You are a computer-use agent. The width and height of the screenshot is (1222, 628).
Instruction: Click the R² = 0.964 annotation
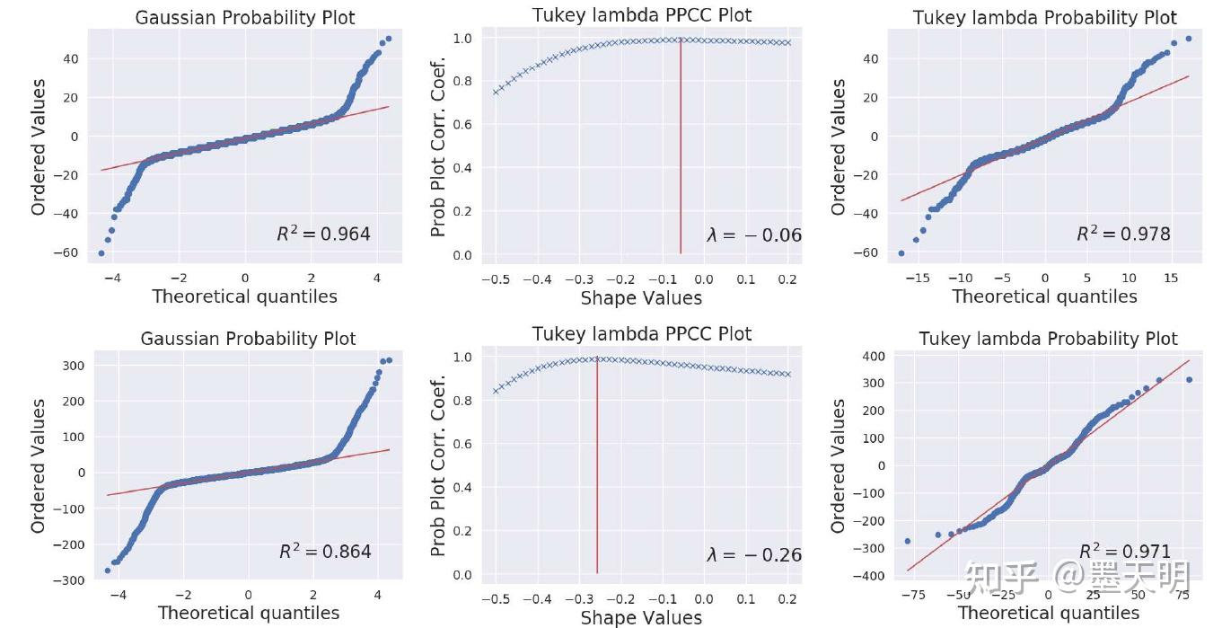coord(323,234)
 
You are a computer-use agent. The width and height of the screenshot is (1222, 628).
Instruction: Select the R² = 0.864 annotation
coord(325,552)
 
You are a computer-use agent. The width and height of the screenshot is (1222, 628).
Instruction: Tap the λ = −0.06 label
coord(754,235)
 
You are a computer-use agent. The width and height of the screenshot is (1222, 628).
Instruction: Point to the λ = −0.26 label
coord(754,555)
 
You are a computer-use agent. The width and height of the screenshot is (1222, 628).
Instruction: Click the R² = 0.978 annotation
coord(1123,234)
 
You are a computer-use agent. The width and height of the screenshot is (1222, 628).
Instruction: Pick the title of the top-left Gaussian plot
coord(244,18)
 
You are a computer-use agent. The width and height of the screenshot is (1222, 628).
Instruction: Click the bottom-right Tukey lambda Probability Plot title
coord(1048,339)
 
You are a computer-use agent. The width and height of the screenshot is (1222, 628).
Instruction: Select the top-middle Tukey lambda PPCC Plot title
coord(642,15)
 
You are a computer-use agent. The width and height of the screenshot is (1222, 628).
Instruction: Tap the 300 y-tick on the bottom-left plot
coord(73,366)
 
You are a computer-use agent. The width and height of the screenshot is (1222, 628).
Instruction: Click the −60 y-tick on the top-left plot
coord(68,253)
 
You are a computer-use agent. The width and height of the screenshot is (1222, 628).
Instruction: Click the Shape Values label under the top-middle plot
coord(641,297)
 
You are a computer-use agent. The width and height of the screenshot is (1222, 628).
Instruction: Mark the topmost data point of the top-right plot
coord(1188,39)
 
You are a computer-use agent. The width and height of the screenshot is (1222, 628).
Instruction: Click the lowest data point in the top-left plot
coord(101,253)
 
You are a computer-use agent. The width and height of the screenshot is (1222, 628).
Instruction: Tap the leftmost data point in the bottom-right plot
coord(907,541)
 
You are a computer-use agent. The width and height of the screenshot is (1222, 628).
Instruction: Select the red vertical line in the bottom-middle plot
coord(597,467)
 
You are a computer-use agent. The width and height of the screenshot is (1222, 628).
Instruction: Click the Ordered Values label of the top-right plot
coord(839,146)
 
